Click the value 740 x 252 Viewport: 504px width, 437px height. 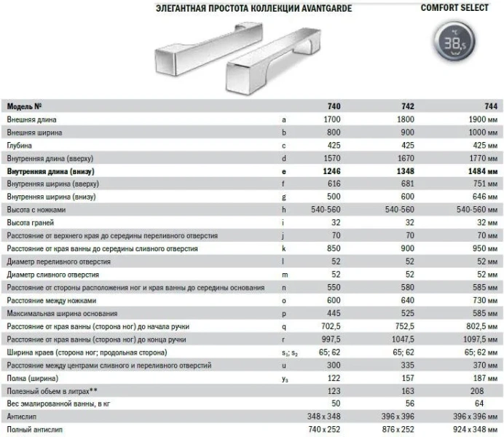click(324, 430)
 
